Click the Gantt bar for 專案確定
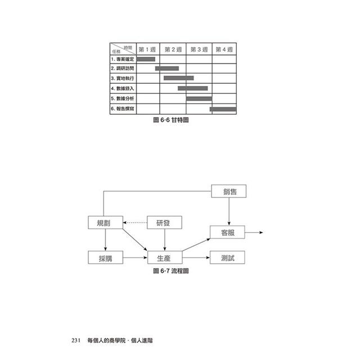click(x=146, y=58)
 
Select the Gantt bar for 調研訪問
click(x=167, y=68)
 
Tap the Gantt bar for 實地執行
click(x=178, y=78)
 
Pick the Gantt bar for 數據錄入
click(x=192, y=88)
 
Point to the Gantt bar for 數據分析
click(x=199, y=98)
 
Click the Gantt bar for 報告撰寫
click(x=223, y=109)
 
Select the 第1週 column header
click(x=148, y=49)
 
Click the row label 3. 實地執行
click(x=123, y=78)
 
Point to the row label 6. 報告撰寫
click(x=123, y=109)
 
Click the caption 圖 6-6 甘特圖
click(x=170, y=120)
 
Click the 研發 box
click(x=164, y=223)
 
